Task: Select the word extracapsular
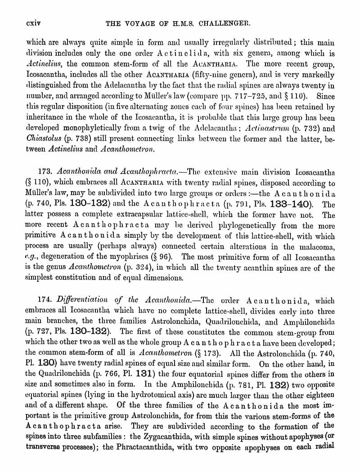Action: pos(149,215)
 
